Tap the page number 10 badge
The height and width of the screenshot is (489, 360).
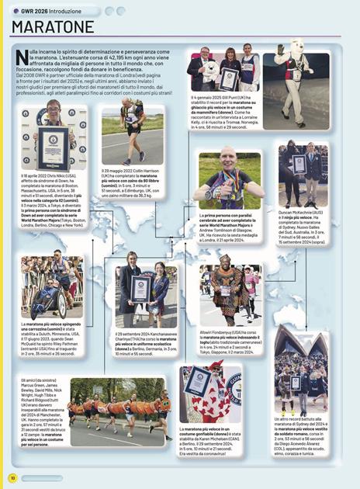pyautogui.click(x=12, y=477)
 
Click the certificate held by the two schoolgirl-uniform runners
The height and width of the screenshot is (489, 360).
pyautogui.click(x=140, y=288)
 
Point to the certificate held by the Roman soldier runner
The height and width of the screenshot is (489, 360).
pyautogui.click(x=295, y=383)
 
